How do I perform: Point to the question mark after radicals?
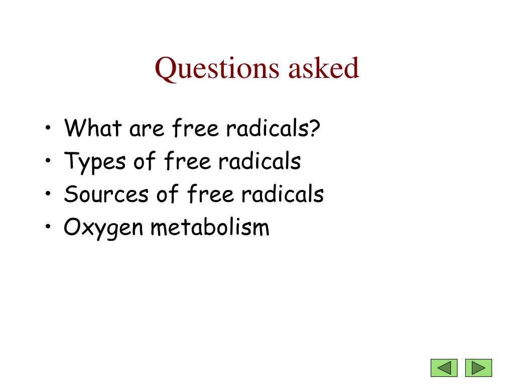tap(315, 129)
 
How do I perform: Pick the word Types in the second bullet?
tap(94, 162)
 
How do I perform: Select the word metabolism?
tap(210, 227)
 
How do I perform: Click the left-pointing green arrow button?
tap(444, 367)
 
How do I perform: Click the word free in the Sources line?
tap(211, 194)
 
